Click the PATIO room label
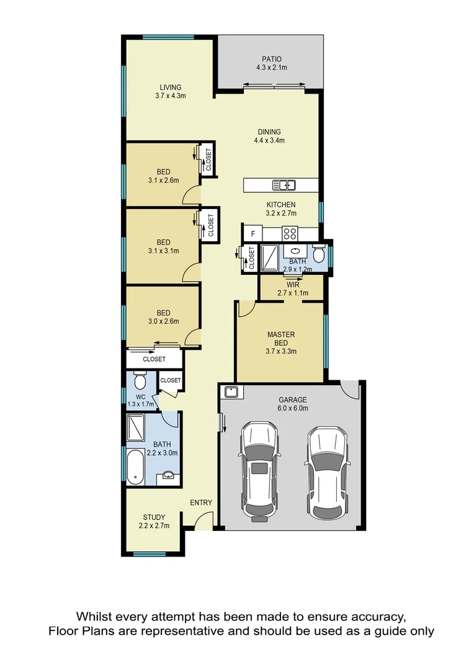271,59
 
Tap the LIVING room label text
170,87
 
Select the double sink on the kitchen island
284,184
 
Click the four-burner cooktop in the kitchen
290,233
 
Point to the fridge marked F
253,234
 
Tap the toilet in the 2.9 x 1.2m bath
318,254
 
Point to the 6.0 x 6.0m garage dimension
292,408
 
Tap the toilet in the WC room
140,378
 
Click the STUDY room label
153,517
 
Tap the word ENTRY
201,502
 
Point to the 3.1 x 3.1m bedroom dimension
163,251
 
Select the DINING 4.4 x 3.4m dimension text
269,140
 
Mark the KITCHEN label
281,205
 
